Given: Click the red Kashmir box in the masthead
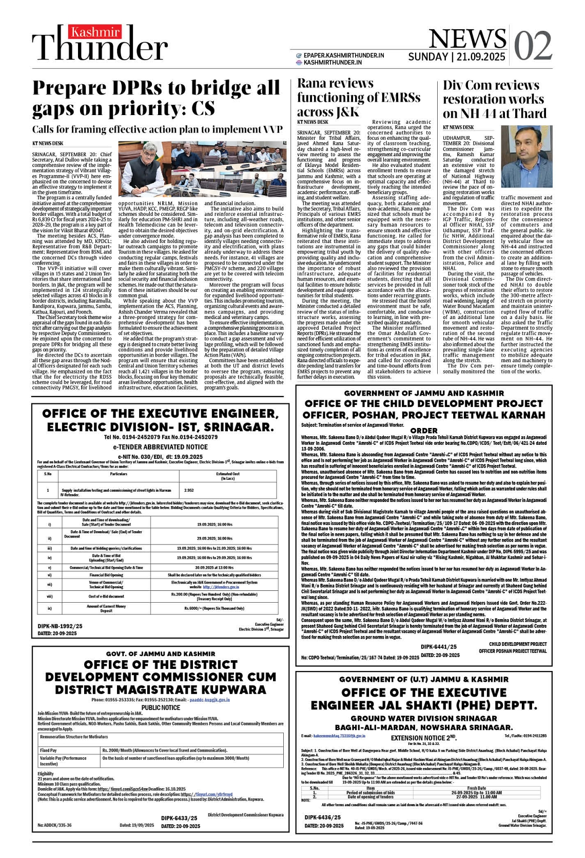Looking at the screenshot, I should coord(95,32).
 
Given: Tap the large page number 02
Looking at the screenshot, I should coord(533,45).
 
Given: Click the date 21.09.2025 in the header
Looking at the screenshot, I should coord(480,57).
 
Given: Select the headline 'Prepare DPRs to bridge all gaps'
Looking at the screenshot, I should coord(156,98).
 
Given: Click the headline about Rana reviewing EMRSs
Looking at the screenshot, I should coord(359,97).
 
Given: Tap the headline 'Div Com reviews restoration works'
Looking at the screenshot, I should coord(495,99).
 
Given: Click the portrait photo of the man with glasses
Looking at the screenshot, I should coord(526,157).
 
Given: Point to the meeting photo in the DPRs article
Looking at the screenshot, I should coord(202,169).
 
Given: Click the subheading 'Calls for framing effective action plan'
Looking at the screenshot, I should coord(157,129).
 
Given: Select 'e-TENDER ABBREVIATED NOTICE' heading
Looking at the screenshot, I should coord(160,447).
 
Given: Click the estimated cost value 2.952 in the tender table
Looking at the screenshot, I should coord(189,490).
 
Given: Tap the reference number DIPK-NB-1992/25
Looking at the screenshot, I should coord(60,626).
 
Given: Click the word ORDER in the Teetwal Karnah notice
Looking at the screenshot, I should coord(424,431).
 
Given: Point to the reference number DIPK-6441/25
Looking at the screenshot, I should coord(439,647).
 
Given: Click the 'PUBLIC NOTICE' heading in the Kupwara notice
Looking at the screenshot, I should coord(161,707).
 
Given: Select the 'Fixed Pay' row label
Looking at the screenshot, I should coord(49,750).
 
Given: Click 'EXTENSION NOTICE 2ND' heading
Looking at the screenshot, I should coord(424,738).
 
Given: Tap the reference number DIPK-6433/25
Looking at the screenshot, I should coord(179,818).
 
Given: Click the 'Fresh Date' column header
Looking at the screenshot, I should coord(476,788).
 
